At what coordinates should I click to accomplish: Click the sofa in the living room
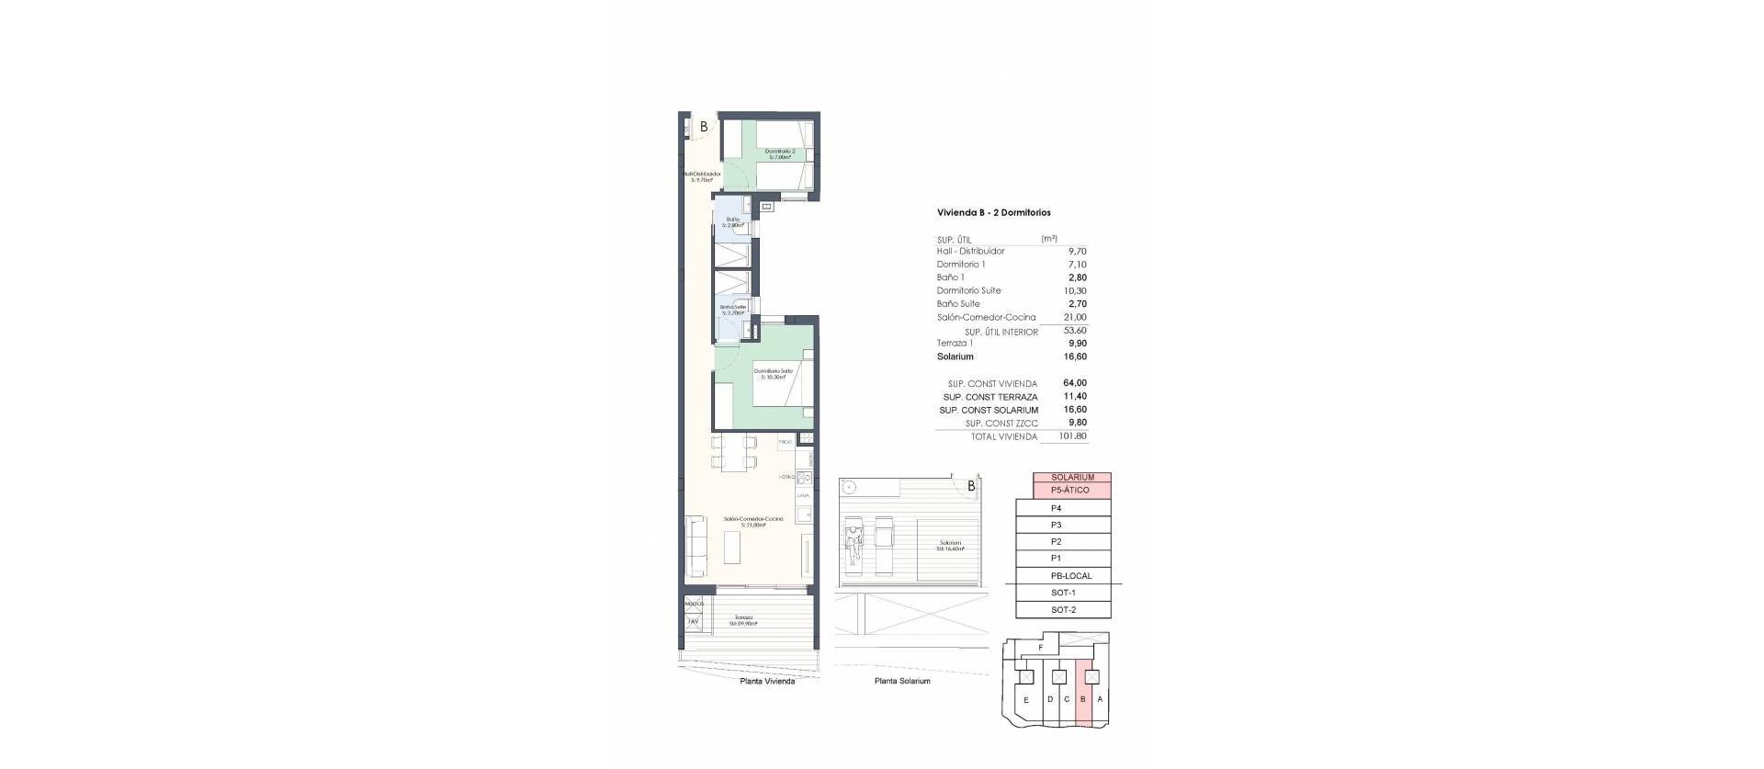coord(696,538)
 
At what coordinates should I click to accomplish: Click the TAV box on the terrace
coord(693,621)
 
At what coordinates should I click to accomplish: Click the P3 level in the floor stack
coord(1057,525)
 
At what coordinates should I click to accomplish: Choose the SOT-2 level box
coord(1063,610)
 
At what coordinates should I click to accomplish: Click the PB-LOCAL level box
coord(1070,576)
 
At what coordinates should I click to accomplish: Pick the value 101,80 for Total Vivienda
coord(1071,436)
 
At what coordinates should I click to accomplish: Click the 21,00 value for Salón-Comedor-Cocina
coord(1074,317)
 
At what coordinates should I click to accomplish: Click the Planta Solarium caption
coord(902,681)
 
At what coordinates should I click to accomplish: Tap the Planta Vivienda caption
coord(767,681)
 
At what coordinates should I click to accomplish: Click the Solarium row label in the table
coord(955,356)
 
